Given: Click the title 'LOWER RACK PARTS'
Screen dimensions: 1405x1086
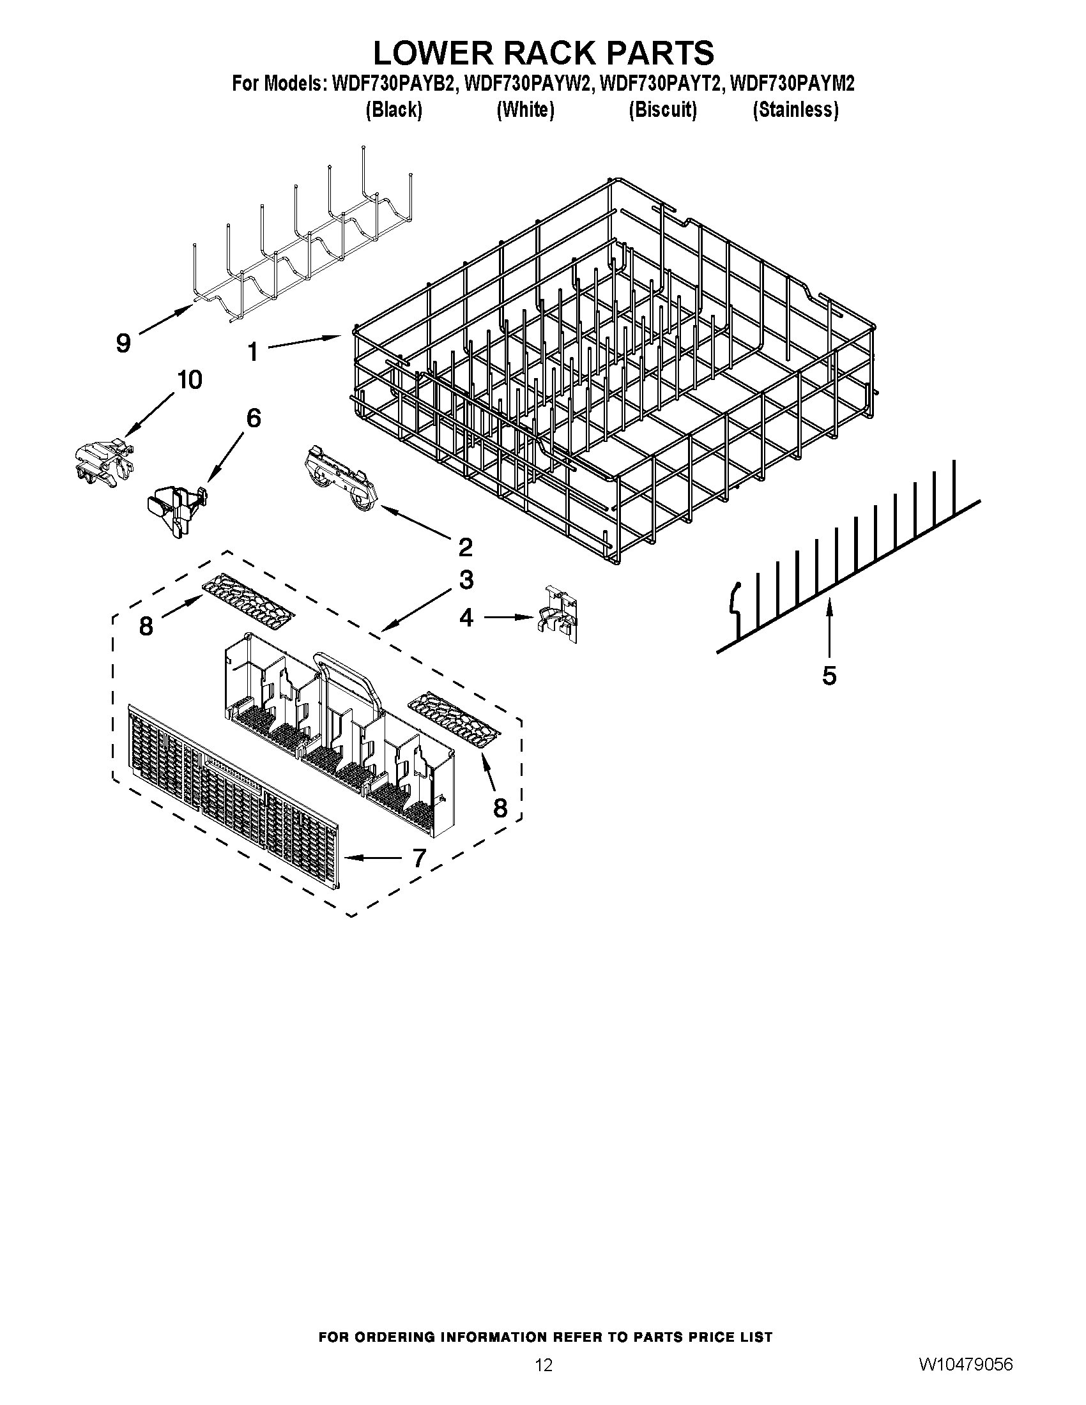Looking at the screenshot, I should pos(543,53).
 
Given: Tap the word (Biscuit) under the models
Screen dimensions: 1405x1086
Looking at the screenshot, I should pos(662,110).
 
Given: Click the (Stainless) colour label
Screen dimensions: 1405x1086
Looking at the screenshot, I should pos(796,110).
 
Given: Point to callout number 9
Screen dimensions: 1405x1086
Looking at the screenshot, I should pos(123,343).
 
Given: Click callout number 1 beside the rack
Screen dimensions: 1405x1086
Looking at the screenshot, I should pos(253,352).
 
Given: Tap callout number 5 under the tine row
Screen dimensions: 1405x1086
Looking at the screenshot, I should pos(829,676).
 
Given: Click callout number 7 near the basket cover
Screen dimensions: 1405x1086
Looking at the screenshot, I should pos(419,858).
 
